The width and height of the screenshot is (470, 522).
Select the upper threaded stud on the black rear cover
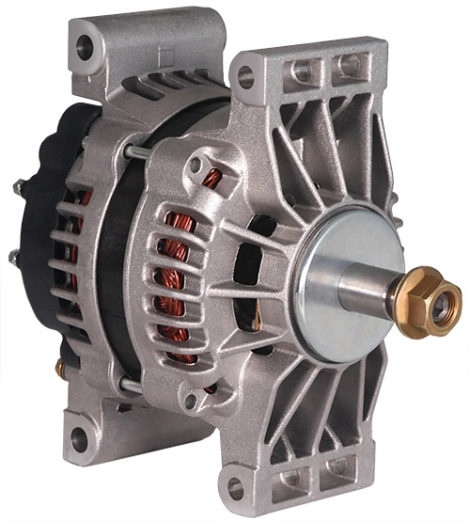(x=18, y=187)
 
